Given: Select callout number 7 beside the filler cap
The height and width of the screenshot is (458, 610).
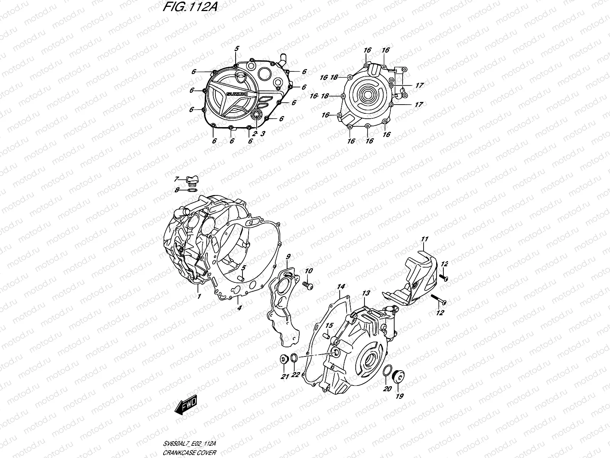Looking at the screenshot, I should [x=176, y=179].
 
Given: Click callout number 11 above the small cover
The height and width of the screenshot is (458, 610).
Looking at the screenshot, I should [x=424, y=239].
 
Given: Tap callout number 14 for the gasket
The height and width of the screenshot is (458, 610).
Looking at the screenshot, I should [x=341, y=286].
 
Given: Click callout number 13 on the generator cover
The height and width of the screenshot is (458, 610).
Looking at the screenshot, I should [x=366, y=293].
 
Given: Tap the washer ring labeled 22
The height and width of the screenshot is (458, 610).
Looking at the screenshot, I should [x=294, y=358].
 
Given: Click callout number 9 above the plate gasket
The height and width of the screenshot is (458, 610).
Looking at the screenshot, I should [x=288, y=256].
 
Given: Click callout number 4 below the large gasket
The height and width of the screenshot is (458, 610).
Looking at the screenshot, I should [x=238, y=308].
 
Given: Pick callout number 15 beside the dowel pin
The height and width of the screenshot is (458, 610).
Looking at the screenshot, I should [x=329, y=326].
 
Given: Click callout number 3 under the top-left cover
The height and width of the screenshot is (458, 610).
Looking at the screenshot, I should [x=262, y=133].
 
